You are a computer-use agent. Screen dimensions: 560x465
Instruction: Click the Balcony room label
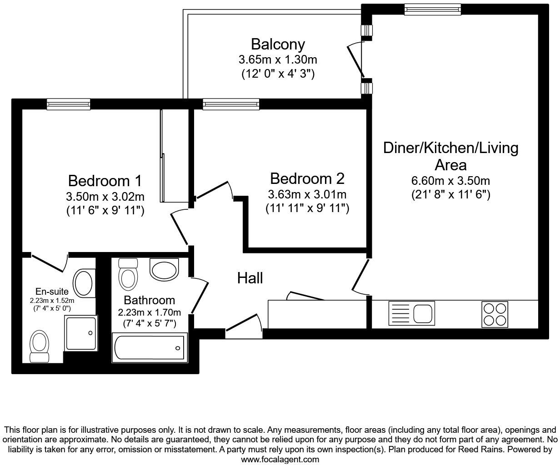(278, 45)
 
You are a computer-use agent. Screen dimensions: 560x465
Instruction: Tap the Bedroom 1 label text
(105, 181)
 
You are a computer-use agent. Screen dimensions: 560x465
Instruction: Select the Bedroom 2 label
(307, 178)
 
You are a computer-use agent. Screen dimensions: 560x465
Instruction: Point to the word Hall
(250, 278)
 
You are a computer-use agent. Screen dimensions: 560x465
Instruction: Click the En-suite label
(52, 291)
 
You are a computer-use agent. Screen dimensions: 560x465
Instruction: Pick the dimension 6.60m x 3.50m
(450, 181)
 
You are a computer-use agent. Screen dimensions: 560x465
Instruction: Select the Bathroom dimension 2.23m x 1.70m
(150, 312)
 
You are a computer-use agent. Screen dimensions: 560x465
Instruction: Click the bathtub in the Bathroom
(150, 347)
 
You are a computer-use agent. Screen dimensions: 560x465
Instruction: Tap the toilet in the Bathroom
(128, 274)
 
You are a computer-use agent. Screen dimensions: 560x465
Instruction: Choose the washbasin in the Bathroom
(164, 269)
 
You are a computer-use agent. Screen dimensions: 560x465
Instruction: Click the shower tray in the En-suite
(81, 333)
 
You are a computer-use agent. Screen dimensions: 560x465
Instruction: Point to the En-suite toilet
(39, 346)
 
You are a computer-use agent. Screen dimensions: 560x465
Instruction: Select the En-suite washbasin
(84, 283)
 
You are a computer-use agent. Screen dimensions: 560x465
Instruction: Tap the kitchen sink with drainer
(412, 313)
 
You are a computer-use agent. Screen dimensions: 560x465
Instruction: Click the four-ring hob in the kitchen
(495, 314)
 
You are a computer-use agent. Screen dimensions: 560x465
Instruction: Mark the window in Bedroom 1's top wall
(68, 104)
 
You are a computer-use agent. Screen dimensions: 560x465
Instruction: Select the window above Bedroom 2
(231, 104)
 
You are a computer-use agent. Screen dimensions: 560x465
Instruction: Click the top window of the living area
(432, 10)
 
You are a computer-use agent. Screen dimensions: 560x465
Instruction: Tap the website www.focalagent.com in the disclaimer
(280, 460)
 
